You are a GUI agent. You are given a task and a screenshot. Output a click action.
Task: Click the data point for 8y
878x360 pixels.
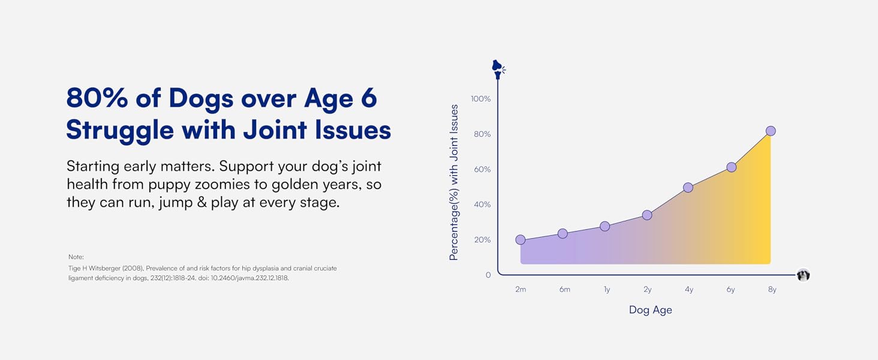tap(771, 131)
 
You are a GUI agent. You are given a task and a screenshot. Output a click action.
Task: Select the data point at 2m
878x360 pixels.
tap(521, 239)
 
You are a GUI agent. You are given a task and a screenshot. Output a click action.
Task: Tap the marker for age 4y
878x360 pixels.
tap(688, 187)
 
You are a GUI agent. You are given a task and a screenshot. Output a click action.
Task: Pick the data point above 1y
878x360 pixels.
tap(605, 226)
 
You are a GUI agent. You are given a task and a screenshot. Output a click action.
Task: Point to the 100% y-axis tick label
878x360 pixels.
tap(480, 99)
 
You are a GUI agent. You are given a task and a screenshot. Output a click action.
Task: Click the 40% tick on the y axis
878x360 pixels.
tap(482, 205)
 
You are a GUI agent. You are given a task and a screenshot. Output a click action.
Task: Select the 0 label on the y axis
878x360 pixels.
tap(488, 275)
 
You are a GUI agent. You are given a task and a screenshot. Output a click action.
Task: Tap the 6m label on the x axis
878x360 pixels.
tap(564, 289)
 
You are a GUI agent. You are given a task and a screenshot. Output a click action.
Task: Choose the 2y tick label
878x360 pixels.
tap(648, 289)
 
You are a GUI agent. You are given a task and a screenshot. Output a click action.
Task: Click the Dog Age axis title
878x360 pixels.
tap(650, 310)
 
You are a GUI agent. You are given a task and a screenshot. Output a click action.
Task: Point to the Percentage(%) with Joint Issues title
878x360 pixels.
tap(453, 182)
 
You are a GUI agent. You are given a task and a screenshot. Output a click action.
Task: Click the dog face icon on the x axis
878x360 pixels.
tap(803, 275)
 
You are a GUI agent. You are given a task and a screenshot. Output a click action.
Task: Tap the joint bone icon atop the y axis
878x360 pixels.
tap(498, 69)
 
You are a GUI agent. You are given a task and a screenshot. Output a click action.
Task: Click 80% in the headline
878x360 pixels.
tap(97, 98)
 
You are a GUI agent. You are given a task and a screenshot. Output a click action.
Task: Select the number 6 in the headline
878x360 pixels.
tap(368, 98)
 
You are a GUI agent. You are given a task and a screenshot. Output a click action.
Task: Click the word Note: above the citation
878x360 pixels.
tap(76, 257)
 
